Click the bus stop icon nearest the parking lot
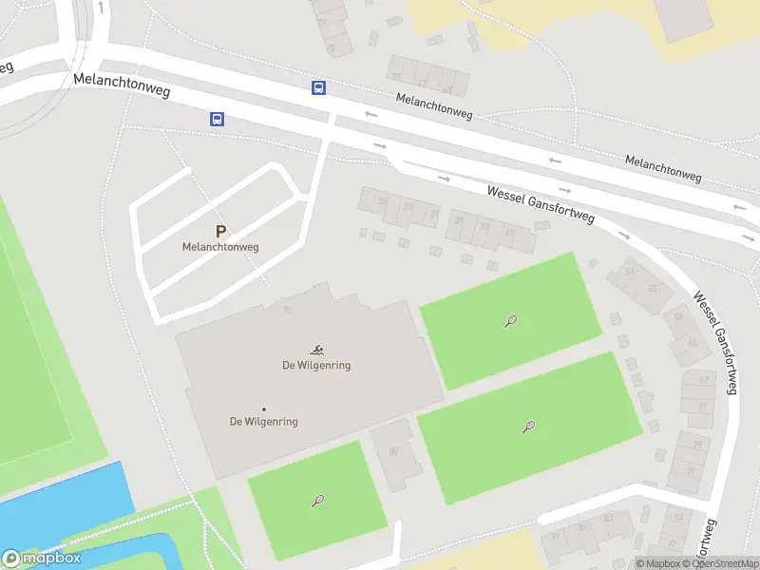coord(218,119)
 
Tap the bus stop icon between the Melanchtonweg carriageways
coord(318,87)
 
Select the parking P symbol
coord(221,231)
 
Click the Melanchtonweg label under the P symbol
coord(220,247)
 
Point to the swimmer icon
coord(316,351)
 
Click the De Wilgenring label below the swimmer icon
coord(316,366)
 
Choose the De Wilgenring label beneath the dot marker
coord(264,422)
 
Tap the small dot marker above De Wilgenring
coord(264,409)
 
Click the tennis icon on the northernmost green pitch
coord(511,321)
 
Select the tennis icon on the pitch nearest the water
coord(318,501)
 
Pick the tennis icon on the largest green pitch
coord(528,427)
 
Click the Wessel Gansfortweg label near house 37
coord(540,203)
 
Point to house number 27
coord(408,206)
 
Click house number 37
coord(484,226)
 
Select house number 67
coord(704,380)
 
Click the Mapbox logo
coord(42,559)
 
